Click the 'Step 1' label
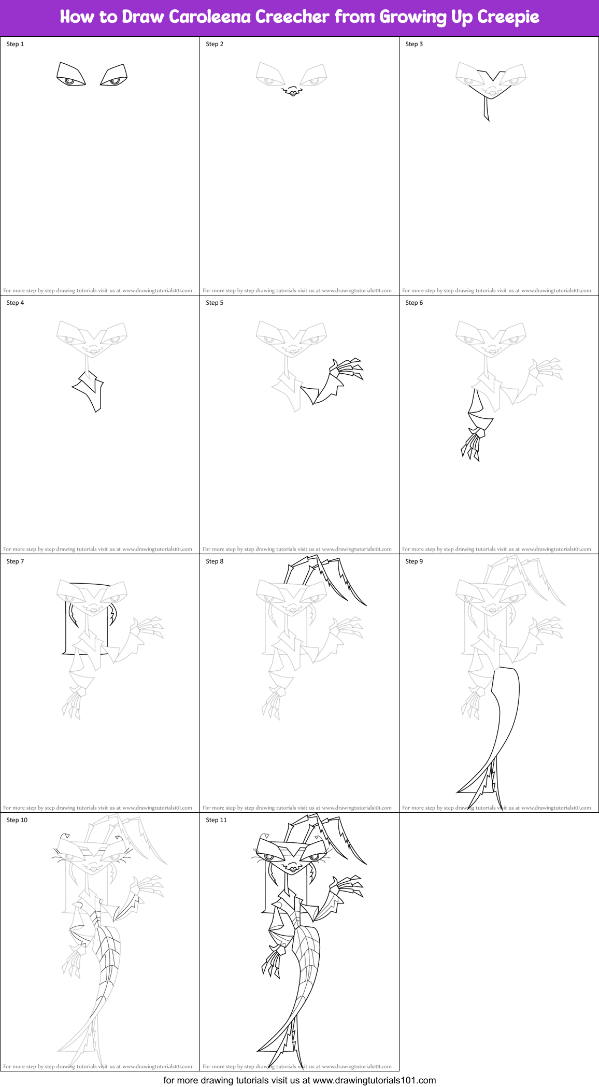[x=15, y=44]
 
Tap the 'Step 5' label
[x=215, y=303]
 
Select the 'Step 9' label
[x=414, y=561]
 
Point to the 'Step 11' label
[x=216, y=820]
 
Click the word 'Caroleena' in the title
[x=210, y=17]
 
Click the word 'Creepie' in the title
[x=508, y=17]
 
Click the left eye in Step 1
[x=70, y=76]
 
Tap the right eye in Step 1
[x=114, y=76]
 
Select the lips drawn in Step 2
[x=293, y=92]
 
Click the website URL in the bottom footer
[x=374, y=1080]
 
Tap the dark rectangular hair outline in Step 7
[x=66, y=627]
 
